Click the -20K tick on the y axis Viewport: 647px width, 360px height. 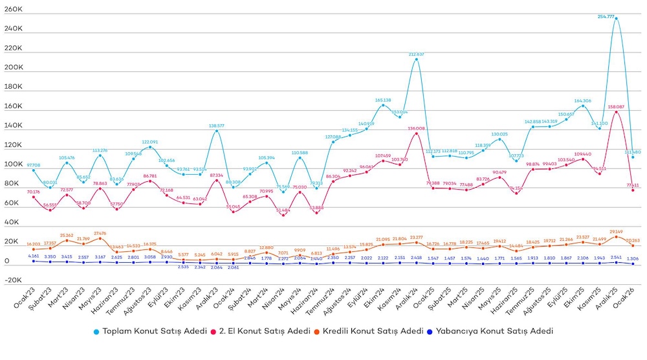pyautogui.click(x=13, y=280)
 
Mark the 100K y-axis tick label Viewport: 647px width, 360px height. pyautogui.click(x=13, y=164)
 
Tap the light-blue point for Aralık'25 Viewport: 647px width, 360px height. pyautogui.click(x=616, y=19)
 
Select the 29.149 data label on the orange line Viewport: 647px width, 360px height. pyautogui.click(x=616, y=231)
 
